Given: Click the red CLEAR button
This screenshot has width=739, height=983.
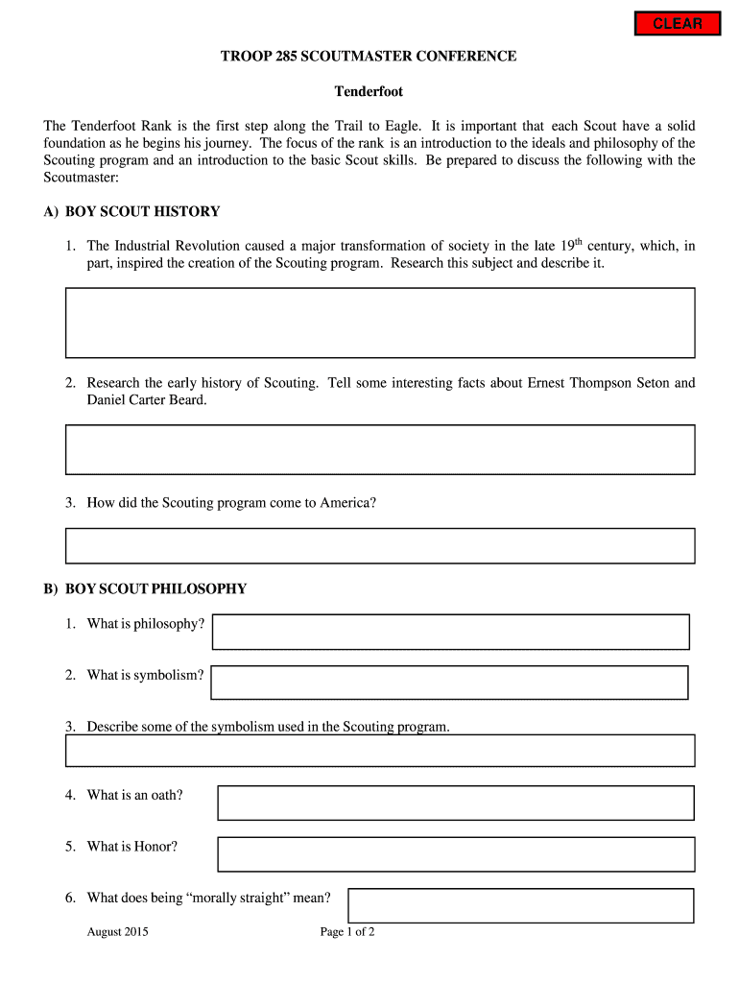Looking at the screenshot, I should [678, 24].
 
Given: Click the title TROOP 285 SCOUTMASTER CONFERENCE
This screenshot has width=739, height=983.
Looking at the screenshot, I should [369, 57].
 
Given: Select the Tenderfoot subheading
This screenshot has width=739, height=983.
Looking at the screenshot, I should [369, 92].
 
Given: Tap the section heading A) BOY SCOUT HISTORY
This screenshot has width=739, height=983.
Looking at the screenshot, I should [131, 211].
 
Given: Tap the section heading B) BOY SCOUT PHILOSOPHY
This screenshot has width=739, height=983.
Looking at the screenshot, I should [145, 588].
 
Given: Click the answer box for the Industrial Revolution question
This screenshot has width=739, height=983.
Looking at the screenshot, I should [379, 323].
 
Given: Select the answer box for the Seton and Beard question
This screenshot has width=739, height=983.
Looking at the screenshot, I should [379, 449].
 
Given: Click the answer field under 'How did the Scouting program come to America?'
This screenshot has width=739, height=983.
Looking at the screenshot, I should [379, 545].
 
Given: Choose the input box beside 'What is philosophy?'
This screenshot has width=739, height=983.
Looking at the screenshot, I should [450, 632].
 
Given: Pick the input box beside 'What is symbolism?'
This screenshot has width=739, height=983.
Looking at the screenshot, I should [449, 683].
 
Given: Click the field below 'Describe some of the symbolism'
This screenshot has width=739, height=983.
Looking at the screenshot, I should [379, 751].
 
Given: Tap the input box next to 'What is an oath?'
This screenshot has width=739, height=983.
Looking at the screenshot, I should [455, 803].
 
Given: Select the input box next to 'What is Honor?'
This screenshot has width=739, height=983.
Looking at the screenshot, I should [455, 853].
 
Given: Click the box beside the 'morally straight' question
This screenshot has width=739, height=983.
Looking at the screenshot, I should [520, 905].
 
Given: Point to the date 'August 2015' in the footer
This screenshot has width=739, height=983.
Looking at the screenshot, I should [117, 932].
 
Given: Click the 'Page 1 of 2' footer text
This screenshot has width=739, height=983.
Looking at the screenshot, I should [346, 932].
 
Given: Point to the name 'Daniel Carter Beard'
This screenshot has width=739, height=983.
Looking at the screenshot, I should [146, 400].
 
